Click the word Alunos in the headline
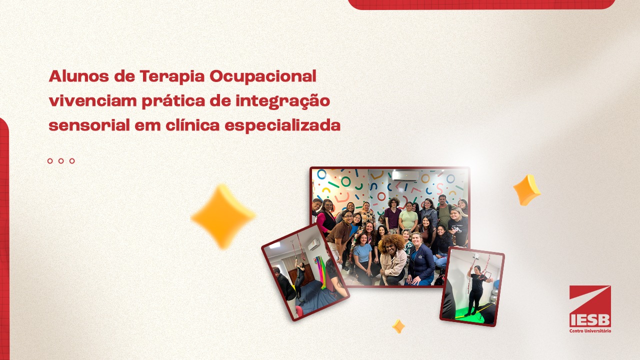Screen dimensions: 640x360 79,76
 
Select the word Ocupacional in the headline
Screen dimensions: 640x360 263,77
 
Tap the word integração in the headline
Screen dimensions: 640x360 282,101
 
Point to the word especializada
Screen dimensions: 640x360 282,125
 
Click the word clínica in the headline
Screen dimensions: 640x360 192,125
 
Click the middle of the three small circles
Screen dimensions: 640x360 61,161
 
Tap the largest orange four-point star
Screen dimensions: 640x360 223,216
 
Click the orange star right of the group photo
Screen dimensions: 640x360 527,190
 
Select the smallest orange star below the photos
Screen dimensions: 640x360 398,326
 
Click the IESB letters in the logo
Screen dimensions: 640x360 590,320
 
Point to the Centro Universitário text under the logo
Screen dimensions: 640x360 590,331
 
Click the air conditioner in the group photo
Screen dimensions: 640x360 405,176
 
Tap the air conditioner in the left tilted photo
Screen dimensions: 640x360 313,244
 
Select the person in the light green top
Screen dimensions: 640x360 408,217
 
